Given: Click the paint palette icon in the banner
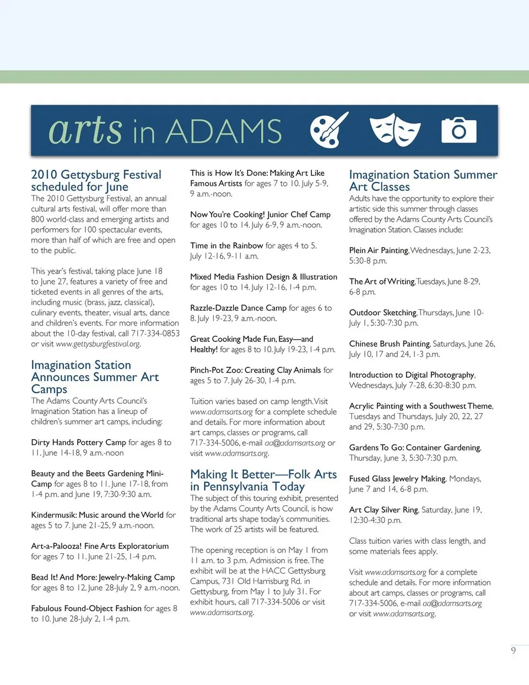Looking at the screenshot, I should pos(330,131).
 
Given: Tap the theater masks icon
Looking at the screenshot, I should pos(395,130).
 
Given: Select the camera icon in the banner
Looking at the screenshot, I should pos(458,130).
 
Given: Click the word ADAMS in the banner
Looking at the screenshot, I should pos(224,132).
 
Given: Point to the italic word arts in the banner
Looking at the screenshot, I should pos(85,130).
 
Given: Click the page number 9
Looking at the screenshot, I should pos(514,650).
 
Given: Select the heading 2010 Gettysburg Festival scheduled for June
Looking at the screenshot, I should pos(96,180).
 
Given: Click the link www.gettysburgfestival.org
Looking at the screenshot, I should pos(98,344).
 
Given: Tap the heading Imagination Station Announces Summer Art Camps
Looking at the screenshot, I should pos(95,377).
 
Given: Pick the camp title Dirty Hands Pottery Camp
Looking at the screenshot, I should pos(78,442).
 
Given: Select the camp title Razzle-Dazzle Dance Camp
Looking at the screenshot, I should pos(238,308).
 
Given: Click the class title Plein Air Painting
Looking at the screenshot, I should pos(379,250).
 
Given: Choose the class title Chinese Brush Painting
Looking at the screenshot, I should pos(389,344).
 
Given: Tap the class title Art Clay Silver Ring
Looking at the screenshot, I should pos(384,510).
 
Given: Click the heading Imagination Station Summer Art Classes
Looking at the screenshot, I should pos(423,180).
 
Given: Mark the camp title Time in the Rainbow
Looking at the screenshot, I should pos(226,245).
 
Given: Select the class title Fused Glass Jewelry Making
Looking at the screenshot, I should pos(397,479).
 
